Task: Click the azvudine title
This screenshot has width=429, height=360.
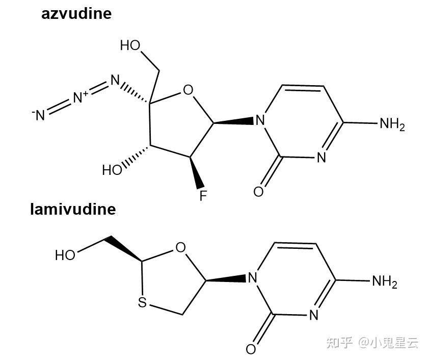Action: point(76,13)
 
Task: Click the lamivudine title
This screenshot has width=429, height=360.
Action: point(73,209)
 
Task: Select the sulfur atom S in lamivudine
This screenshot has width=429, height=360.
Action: point(142,303)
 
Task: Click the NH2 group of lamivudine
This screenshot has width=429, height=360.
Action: point(384,281)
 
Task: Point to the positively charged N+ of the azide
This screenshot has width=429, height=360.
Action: point(81,97)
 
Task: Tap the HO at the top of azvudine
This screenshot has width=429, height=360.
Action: point(130,45)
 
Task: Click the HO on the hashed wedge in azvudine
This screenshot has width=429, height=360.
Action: point(112,170)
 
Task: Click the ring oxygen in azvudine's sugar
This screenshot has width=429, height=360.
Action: point(188,91)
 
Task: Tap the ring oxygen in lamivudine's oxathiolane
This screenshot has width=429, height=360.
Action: point(180,248)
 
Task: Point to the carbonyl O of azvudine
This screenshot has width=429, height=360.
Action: point(258,192)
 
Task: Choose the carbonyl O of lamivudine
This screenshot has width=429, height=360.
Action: point(251,349)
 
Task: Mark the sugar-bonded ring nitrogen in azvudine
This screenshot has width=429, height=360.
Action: point(260,121)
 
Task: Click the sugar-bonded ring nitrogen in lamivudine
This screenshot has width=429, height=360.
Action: point(252,278)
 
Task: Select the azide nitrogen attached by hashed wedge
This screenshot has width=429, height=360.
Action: point(115,81)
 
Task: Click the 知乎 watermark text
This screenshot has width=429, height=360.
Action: point(339,343)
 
